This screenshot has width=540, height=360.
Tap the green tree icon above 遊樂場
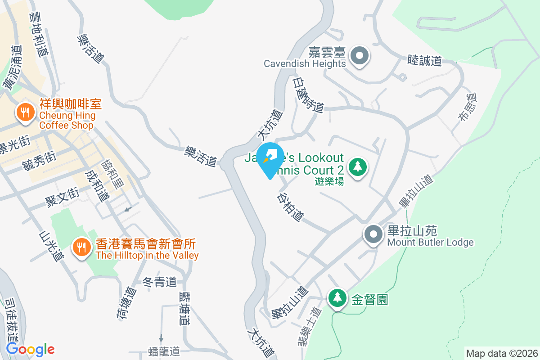click(x=358, y=167)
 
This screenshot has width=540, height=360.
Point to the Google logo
click(x=30, y=349)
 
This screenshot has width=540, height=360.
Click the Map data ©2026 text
click(x=502, y=353)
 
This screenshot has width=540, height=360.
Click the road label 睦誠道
click(x=424, y=61)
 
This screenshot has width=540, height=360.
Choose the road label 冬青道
click(x=159, y=282)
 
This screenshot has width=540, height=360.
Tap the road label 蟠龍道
click(x=164, y=351)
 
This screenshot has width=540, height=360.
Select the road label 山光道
click(x=50, y=246)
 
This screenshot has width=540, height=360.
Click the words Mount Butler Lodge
click(x=430, y=243)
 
